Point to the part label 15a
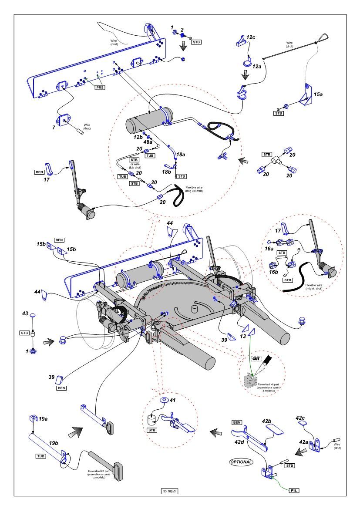click(x=318, y=94)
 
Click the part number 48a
click(x=148, y=142)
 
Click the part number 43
click(x=25, y=313)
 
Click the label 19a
click(x=43, y=418)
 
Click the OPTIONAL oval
click(x=241, y=462)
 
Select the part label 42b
click(x=267, y=421)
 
